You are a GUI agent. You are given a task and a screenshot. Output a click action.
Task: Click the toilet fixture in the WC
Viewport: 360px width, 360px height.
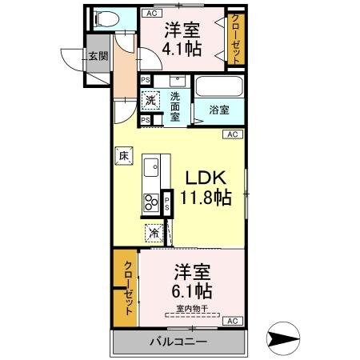tap(106, 19)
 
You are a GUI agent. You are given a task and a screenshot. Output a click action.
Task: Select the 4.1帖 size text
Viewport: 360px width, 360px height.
tap(182, 49)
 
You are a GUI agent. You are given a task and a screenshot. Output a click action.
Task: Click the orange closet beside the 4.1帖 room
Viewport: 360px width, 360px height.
tap(236, 38)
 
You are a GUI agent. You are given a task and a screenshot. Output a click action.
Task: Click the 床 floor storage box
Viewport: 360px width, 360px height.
tap(123, 158)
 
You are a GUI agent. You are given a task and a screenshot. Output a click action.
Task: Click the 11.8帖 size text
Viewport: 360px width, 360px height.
tap(207, 197)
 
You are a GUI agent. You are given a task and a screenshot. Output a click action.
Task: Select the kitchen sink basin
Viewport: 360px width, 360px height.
tap(151, 169)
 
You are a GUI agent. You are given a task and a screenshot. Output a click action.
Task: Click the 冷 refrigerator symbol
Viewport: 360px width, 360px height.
tap(152, 234)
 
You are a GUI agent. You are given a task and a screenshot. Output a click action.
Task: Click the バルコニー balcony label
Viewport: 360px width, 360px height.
tap(178, 342)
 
